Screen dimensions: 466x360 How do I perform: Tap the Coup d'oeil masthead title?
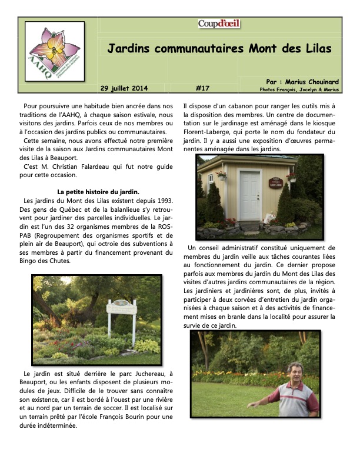click(x=219, y=24)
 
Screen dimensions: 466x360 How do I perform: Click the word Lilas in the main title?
click(x=315, y=48)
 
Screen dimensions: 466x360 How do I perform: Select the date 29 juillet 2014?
click(x=124, y=88)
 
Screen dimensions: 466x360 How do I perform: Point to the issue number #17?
click(x=202, y=88)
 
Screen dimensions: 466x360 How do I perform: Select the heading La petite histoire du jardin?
click(x=98, y=191)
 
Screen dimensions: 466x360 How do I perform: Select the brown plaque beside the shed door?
click(x=275, y=182)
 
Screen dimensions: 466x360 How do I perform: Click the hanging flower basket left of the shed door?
click(x=221, y=174)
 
